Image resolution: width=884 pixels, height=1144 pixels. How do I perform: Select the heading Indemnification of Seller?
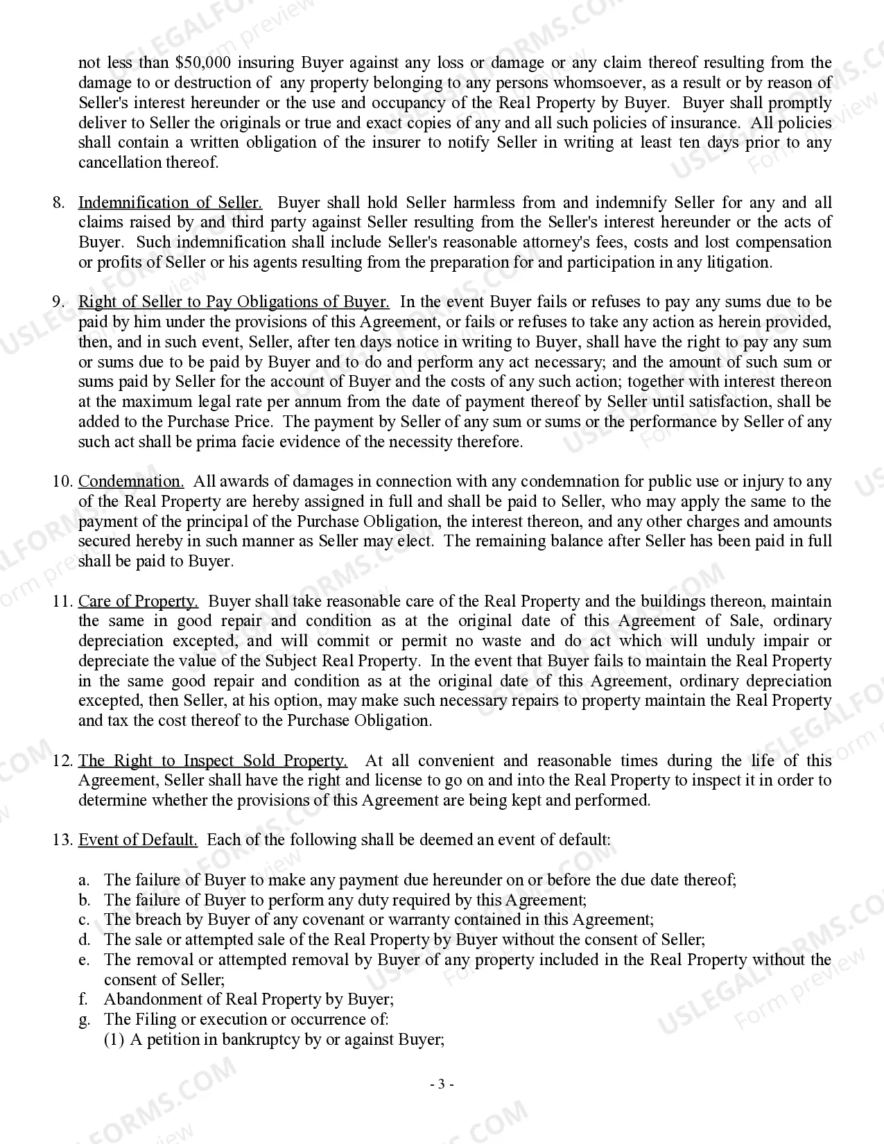(x=170, y=203)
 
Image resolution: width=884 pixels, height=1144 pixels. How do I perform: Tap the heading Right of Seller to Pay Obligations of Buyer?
(x=234, y=302)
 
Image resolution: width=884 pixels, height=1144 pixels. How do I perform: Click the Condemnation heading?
(x=131, y=482)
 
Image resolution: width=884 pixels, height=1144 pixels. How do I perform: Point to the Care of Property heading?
(x=138, y=601)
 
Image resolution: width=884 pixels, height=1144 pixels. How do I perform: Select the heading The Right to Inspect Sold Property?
(x=212, y=761)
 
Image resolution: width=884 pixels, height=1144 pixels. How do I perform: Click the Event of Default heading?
(x=137, y=840)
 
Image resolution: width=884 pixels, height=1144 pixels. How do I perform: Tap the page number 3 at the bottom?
(x=442, y=1084)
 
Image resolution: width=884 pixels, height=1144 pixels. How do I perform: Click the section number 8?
(x=59, y=203)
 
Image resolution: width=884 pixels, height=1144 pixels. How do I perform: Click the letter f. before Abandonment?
(x=83, y=1000)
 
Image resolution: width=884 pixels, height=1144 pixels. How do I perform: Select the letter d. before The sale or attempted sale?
(x=84, y=940)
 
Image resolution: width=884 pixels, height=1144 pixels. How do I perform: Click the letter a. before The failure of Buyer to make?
(x=84, y=881)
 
